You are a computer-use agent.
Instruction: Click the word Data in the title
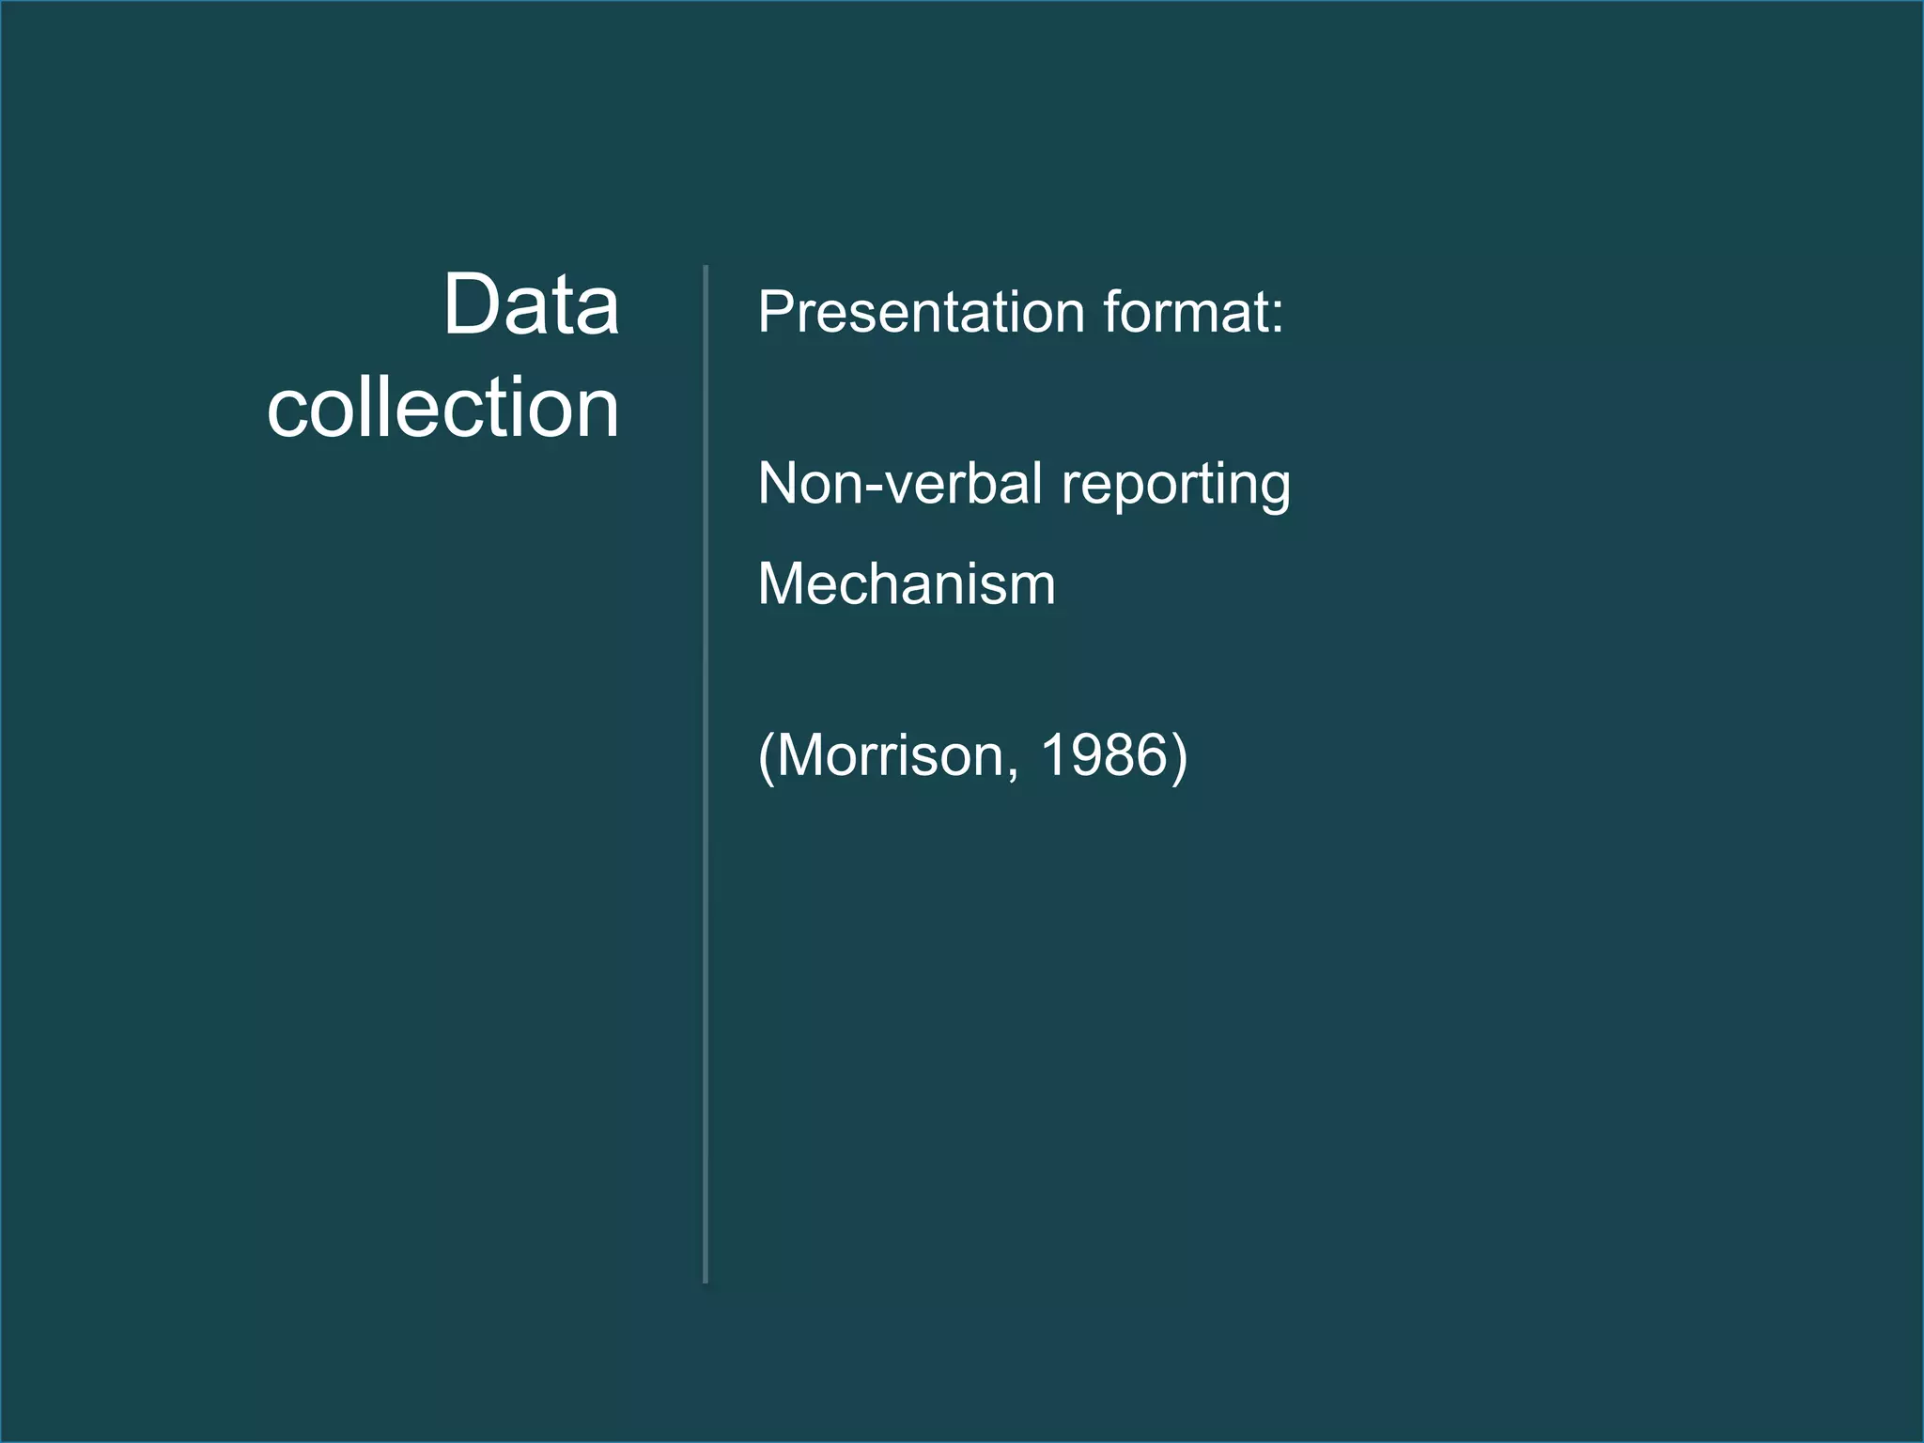[x=531, y=304]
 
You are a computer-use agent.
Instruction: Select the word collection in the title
[x=442, y=408]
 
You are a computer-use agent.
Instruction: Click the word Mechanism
[x=907, y=583]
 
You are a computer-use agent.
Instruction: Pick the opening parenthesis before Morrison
[x=766, y=757]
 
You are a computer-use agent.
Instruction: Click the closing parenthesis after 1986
[x=1179, y=757]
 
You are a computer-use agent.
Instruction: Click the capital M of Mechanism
[x=782, y=583]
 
